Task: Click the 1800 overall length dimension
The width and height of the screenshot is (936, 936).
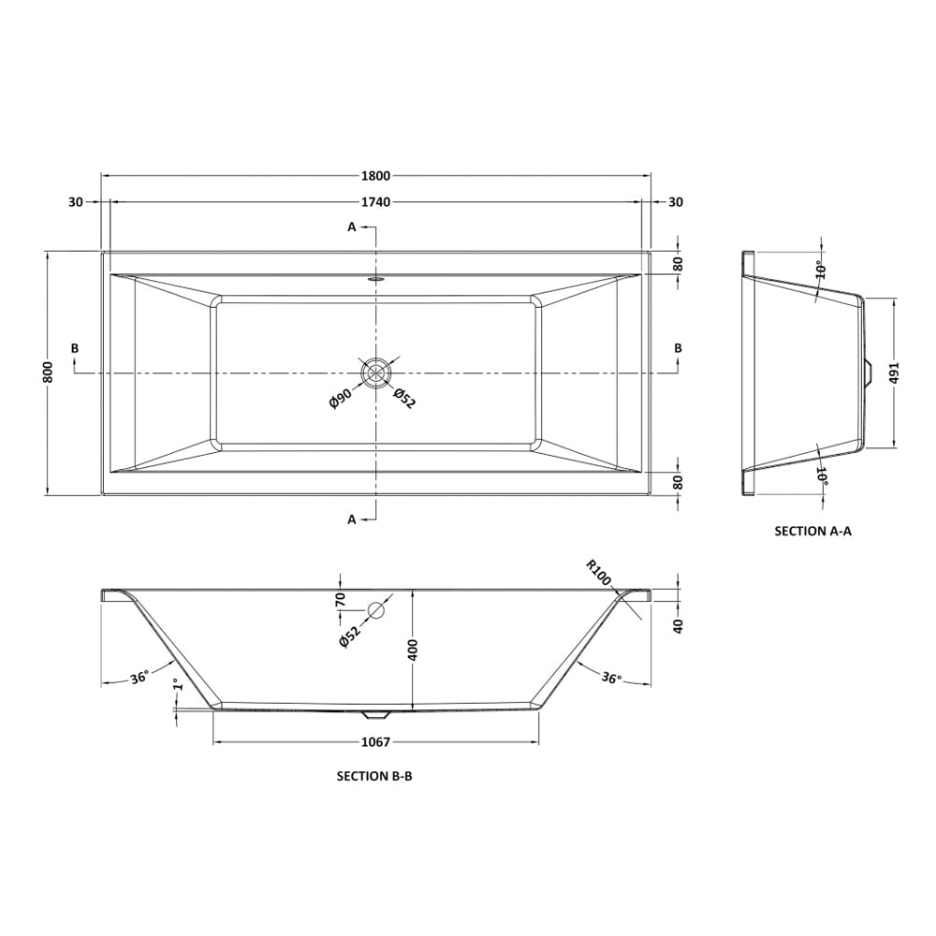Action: point(376,175)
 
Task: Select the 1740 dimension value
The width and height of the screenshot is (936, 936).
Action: point(376,202)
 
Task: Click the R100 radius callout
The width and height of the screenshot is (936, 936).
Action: point(598,572)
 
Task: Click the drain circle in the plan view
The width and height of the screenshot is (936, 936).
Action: point(375,373)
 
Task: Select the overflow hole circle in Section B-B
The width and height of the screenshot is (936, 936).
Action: point(376,610)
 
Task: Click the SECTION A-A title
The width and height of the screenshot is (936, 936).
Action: point(812,531)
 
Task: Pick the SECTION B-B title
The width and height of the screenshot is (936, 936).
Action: point(373,776)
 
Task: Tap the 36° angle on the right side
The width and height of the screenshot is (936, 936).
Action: point(612,679)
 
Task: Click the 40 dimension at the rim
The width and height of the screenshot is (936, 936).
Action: point(678,624)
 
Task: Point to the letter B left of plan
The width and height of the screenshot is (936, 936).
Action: point(75,348)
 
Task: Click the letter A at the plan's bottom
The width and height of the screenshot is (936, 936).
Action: point(353,519)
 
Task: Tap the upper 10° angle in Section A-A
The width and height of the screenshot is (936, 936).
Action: point(820,271)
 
